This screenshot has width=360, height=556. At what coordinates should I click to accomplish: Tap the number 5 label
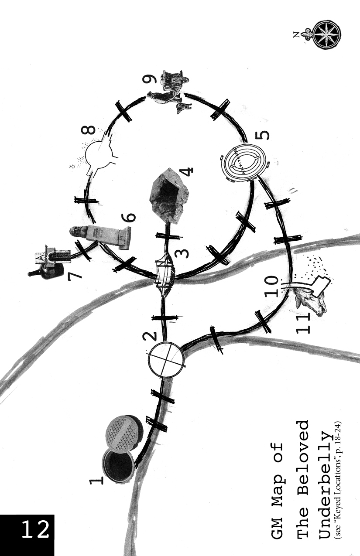coord(262,136)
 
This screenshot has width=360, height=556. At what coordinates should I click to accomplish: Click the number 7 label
coord(74,276)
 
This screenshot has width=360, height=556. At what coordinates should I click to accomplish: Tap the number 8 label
coord(89,130)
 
